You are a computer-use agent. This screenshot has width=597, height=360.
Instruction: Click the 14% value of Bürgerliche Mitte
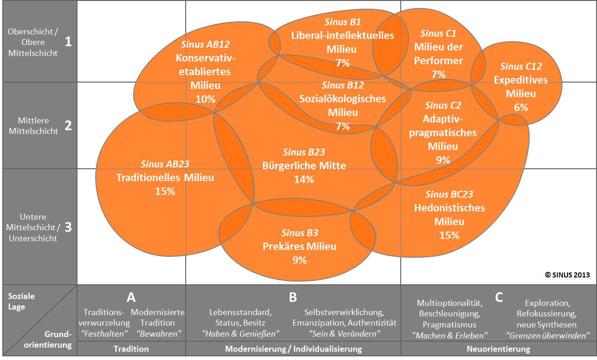304,179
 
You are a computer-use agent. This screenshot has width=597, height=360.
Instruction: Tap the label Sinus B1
343,22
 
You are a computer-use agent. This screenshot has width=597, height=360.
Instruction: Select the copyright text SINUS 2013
567,275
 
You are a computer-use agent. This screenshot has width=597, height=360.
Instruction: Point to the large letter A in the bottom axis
131,297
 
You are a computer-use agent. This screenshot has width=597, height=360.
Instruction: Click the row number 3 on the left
68,227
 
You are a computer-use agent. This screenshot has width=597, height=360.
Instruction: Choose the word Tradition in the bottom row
131,349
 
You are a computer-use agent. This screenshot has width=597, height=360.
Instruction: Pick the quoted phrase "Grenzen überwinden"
548,335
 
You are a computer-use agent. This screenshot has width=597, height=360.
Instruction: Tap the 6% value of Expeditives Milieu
521,107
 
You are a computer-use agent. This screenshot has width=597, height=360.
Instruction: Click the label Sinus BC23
449,194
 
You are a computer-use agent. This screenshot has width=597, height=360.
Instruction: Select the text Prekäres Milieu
299,246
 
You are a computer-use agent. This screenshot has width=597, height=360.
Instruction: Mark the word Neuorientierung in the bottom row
498,349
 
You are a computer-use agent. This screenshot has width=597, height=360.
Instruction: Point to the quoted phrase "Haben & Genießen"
240,333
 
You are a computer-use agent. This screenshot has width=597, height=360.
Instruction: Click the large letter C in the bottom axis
499,297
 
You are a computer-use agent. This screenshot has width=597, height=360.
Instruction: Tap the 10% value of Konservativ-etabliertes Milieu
205,99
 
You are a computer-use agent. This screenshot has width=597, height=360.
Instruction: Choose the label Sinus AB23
165,164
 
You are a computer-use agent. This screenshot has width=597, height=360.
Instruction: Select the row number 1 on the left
68,42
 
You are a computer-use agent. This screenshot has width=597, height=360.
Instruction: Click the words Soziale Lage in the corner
21,301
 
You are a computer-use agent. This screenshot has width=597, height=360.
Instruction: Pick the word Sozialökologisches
343,99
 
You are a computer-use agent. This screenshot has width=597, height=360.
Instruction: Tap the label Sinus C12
521,66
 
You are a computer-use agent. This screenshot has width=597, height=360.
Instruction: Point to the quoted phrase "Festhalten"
104,333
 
